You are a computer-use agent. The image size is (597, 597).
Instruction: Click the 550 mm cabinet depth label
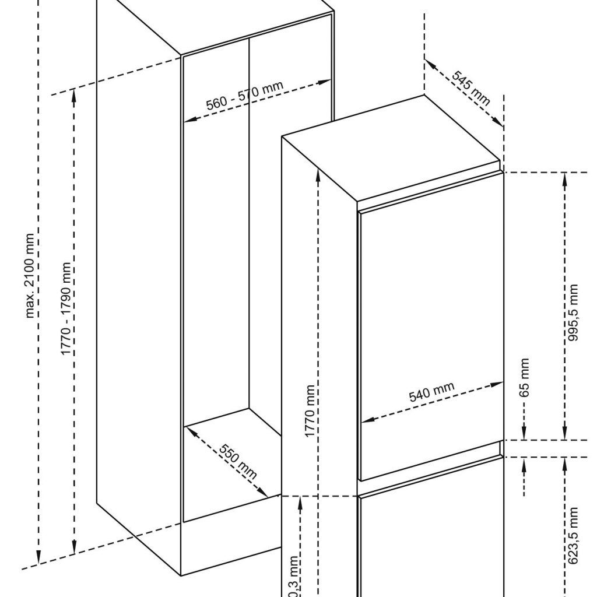click(x=238, y=461)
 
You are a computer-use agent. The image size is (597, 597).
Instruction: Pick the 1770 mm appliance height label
click(x=310, y=412)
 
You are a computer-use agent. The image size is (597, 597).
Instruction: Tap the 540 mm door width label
click(x=431, y=394)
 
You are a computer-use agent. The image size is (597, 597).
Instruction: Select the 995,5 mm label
click(x=574, y=312)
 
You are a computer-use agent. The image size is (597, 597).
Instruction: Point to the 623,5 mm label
click(x=574, y=535)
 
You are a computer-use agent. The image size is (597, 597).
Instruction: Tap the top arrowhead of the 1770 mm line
click(x=318, y=174)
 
